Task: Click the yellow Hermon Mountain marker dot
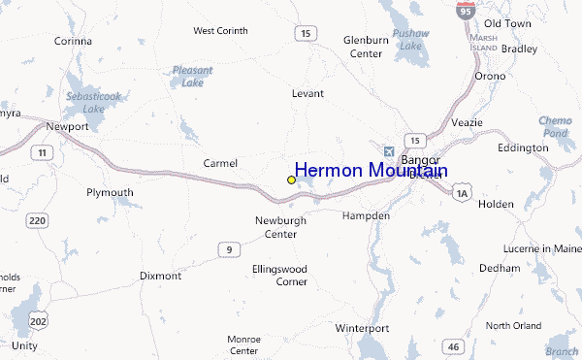pyautogui.click(x=291, y=180)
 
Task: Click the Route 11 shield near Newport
pyautogui.click(x=42, y=152)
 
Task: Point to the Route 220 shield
pyautogui.click(x=38, y=221)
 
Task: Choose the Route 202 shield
pyautogui.click(x=38, y=319)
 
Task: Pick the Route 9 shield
pyautogui.click(x=228, y=249)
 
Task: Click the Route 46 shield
pyautogui.click(x=452, y=346)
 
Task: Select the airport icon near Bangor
pyautogui.click(x=390, y=151)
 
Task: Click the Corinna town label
pyautogui.click(x=73, y=41)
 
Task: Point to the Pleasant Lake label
pyautogui.click(x=192, y=76)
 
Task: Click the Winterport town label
pyautogui.click(x=362, y=328)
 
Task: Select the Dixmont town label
pyautogui.click(x=160, y=276)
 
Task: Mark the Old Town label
pyautogui.click(x=507, y=22)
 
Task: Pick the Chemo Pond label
pyautogui.click(x=556, y=126)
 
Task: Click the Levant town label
pyautogui.click(x=307, y=94)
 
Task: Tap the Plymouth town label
pyautogui.click(x=110, y=192)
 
